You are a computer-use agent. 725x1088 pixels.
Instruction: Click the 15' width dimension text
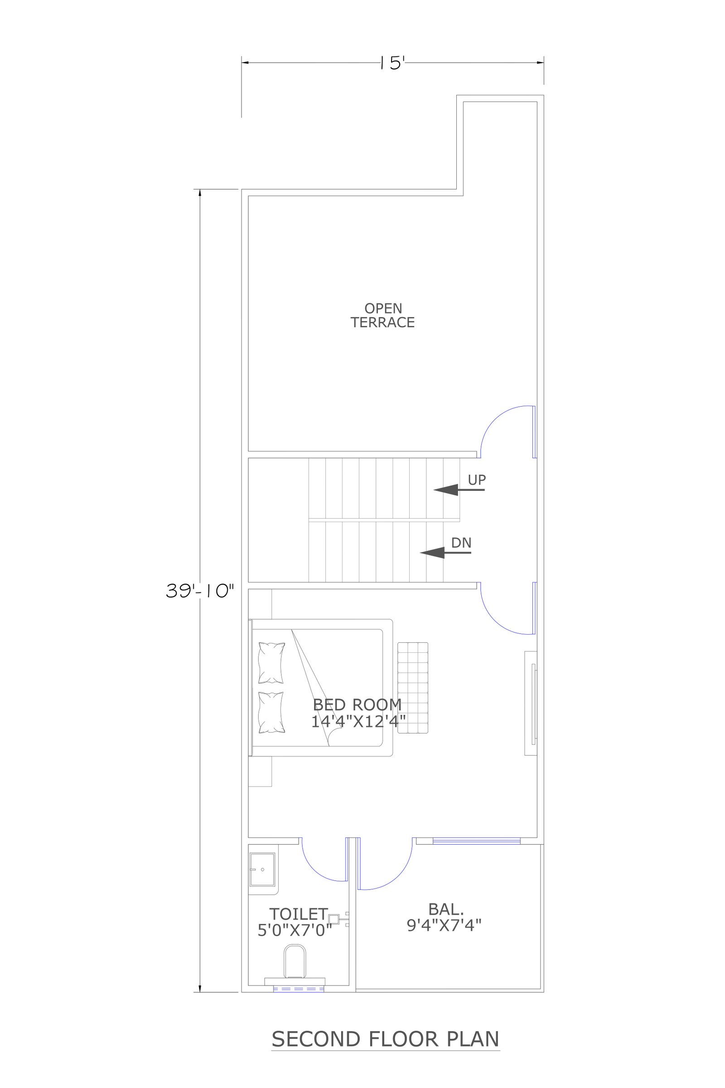pyautogui.click(x=392, y=63)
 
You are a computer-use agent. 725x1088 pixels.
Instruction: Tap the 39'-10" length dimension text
pyautogui.click(x=200, y=591)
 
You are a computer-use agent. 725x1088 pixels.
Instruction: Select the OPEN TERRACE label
pyautogui.click(x=383, y=316)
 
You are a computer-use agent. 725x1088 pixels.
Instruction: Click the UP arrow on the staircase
pyautogui.click(x=459, y=490)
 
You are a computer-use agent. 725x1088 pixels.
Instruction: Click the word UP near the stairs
pyautogui.click(x=477, y=480)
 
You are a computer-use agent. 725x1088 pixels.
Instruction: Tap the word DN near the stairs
pyautogui.click(x=461, y=543)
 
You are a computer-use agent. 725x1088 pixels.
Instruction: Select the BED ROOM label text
pyautogui.click(x=358, y=704)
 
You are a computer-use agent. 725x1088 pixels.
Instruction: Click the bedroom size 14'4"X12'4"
pyautogui.click(x=358, y=721)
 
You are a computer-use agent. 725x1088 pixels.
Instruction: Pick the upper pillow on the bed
pyautogui.click(x=271, y=663)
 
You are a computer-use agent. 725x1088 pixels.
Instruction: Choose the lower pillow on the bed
pyautogui.click(x=271, y=713)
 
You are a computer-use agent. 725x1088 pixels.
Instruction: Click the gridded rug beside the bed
pyautogui.click(x=413, y=687)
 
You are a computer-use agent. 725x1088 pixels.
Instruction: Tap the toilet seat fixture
pyautogui.click(x=295, y=962)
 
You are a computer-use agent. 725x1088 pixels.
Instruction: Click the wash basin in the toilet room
pyautogui.click(x=263, y=869)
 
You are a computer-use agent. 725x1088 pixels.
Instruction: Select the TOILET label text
pyautogui.click(x=299, y=914)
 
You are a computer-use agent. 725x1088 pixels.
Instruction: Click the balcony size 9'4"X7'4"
pyautogui.click(x=445, y=925)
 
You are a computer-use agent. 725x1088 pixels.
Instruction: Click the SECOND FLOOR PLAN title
pyautogui.click(x=386, y=1039)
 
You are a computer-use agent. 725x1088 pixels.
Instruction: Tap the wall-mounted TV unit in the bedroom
pyautogui.click(x=531, y=704)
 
